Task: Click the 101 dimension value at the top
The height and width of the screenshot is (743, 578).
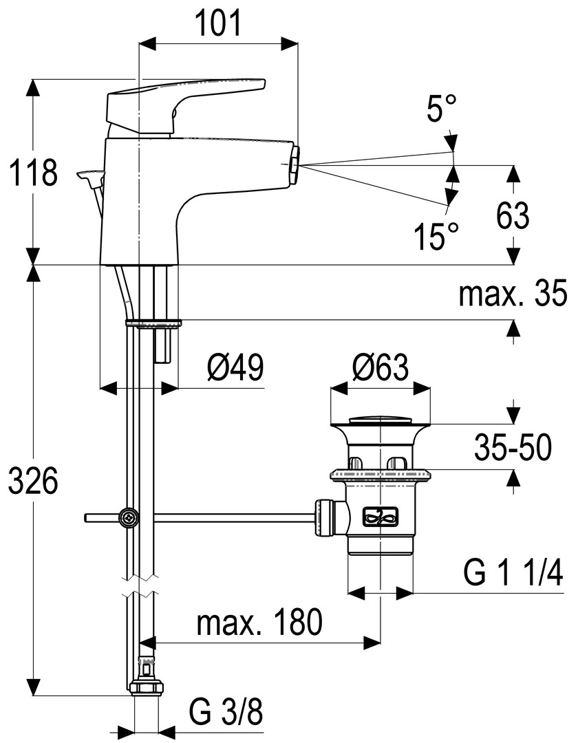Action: click(x=218, y=25)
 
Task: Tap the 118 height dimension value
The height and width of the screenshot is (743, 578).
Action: click(x=32, y=173)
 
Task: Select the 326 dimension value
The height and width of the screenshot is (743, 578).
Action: click(x=32, y=481)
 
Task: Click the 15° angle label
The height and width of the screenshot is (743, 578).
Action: click(x=436, y=237)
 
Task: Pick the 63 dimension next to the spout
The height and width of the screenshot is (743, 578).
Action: click(x=513, y=216)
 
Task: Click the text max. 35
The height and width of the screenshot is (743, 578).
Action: click(x=513, y=295)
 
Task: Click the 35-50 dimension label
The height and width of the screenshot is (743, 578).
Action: click(x=513, y=449)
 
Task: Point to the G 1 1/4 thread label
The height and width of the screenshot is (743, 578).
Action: click(x=513, y=572)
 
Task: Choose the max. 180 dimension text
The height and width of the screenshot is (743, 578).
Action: click(x=259, y=623)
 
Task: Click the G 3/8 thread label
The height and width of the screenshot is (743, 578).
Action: click(x=226, y=712)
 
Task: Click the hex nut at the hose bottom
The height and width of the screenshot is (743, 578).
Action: click(x=146, y=687)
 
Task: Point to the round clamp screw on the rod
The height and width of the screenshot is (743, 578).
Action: click(x=129, y=517)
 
